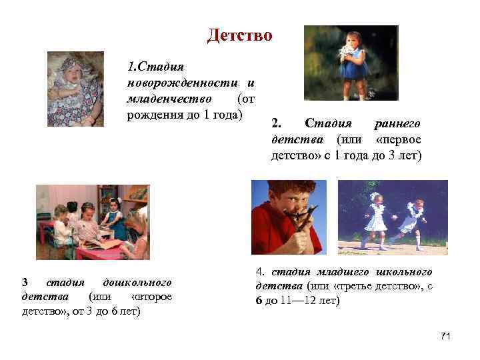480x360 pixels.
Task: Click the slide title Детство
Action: click(x=239, y=35)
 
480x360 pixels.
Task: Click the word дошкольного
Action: click(x=133, y=282)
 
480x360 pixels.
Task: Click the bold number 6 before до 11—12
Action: click(x=259, y=301)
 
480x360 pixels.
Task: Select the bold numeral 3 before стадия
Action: click(x=25, y=282)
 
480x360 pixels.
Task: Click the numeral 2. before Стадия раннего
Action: click(x=277, y=124)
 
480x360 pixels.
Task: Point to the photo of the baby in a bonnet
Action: click(x=75, y=89)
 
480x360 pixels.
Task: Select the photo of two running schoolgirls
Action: click(x=393, y=217)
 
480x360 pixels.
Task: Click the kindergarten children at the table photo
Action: click(x=93, y=222)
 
